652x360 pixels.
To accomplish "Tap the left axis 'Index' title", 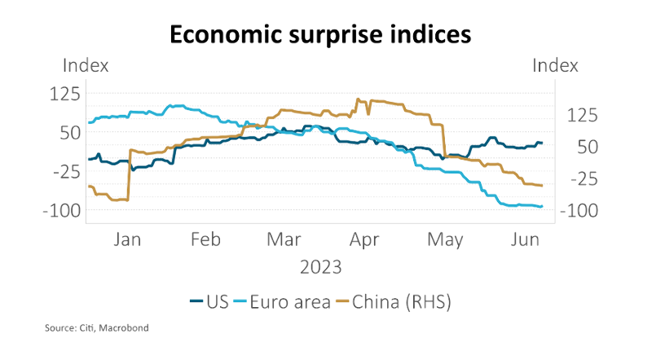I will [x=86, y=66].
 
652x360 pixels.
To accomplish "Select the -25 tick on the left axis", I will [x=64, y=171].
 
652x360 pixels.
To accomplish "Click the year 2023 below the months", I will [x=320, y=266].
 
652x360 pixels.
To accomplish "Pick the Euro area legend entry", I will [x=282, y=302].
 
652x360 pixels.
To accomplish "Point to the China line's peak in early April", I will [x=358, y=99].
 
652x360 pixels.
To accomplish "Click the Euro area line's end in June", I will [x=542, y=206].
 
